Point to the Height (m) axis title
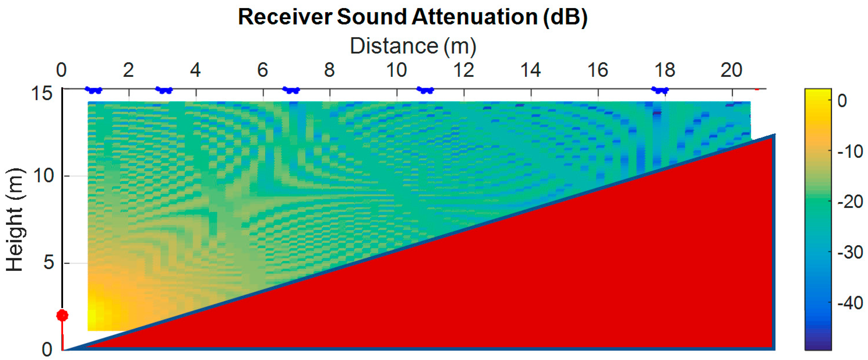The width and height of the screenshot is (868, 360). tap(15, 220)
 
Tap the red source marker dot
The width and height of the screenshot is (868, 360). tap(62, 315)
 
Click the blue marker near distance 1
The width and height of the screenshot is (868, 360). tap(93, 90)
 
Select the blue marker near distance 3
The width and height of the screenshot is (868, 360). tap(164, 90)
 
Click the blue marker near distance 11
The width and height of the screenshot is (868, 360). tap(425, 90)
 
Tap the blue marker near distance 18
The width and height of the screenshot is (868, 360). tap(660, 90)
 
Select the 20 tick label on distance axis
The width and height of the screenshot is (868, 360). tap(731, 70)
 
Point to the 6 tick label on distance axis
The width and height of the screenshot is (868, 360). tap(263, 70)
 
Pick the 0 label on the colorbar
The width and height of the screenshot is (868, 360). tap(842, 100)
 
